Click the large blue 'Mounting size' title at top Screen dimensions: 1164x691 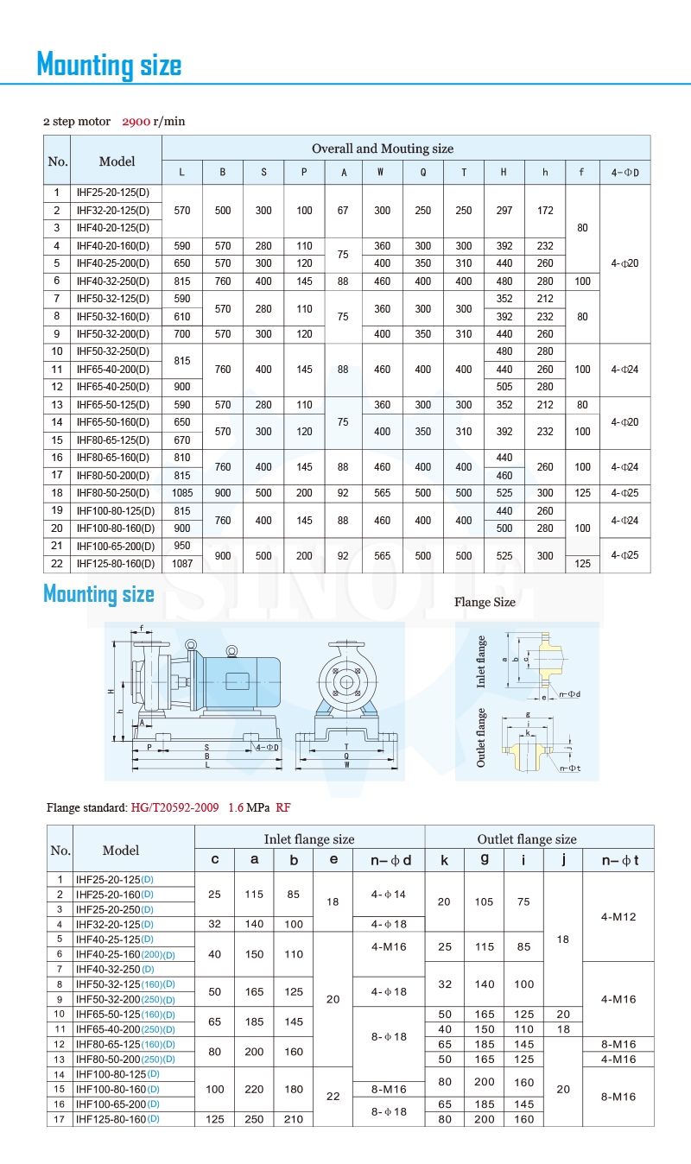click(109, 65)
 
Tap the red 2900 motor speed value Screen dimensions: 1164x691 click(136, 122)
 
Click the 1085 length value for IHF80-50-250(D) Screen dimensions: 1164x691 click(181, 493)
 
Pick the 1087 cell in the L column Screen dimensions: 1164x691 click(181, 564)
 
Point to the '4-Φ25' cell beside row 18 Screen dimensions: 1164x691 click(624, 493)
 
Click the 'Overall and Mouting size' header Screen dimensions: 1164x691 click(382, 149)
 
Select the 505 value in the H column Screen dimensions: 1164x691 click(504, 387)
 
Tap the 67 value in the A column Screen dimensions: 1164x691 click(343, 211)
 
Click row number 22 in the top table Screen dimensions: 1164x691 click(57, 564)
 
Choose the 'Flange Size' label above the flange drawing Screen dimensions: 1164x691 click(485, 603)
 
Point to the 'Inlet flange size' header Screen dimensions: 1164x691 click(309, 838)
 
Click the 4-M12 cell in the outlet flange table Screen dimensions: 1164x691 click(618, 917)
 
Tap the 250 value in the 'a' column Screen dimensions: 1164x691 click(254, 1119)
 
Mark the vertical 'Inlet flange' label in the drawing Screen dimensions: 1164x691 click(482, 661)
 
